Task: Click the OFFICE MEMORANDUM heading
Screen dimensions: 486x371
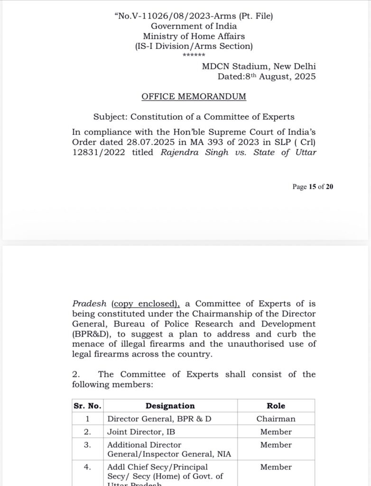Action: pos(194,96)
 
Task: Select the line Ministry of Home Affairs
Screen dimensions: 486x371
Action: pos(194,36)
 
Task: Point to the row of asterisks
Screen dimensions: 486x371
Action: pos(194,56)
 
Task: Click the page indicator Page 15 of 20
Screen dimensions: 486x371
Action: pos(313,187)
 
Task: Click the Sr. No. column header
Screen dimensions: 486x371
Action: pos(88,406)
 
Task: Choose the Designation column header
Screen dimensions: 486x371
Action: pos(170,406)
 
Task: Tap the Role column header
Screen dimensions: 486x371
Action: pos(276,406)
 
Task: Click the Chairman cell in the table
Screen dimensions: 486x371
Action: pos(276,419)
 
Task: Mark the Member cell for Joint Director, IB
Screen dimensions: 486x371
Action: pos(276,432)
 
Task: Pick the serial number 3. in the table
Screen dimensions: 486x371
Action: pos(87,445)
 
